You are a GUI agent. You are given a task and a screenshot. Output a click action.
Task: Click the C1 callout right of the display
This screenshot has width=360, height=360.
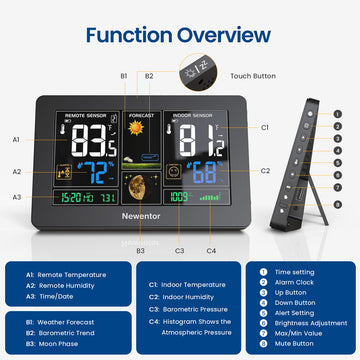point(265,128)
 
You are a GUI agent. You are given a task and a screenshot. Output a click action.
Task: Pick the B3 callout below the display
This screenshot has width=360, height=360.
point(140,250)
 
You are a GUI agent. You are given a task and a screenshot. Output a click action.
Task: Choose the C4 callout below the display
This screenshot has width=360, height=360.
point(211,250)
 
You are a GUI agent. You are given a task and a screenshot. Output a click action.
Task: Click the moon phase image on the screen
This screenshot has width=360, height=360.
point(140,182)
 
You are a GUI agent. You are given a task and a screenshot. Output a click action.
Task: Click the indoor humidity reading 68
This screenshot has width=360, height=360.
point(206,170)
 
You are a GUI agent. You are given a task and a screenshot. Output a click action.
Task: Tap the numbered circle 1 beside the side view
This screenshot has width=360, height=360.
point(338,112)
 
